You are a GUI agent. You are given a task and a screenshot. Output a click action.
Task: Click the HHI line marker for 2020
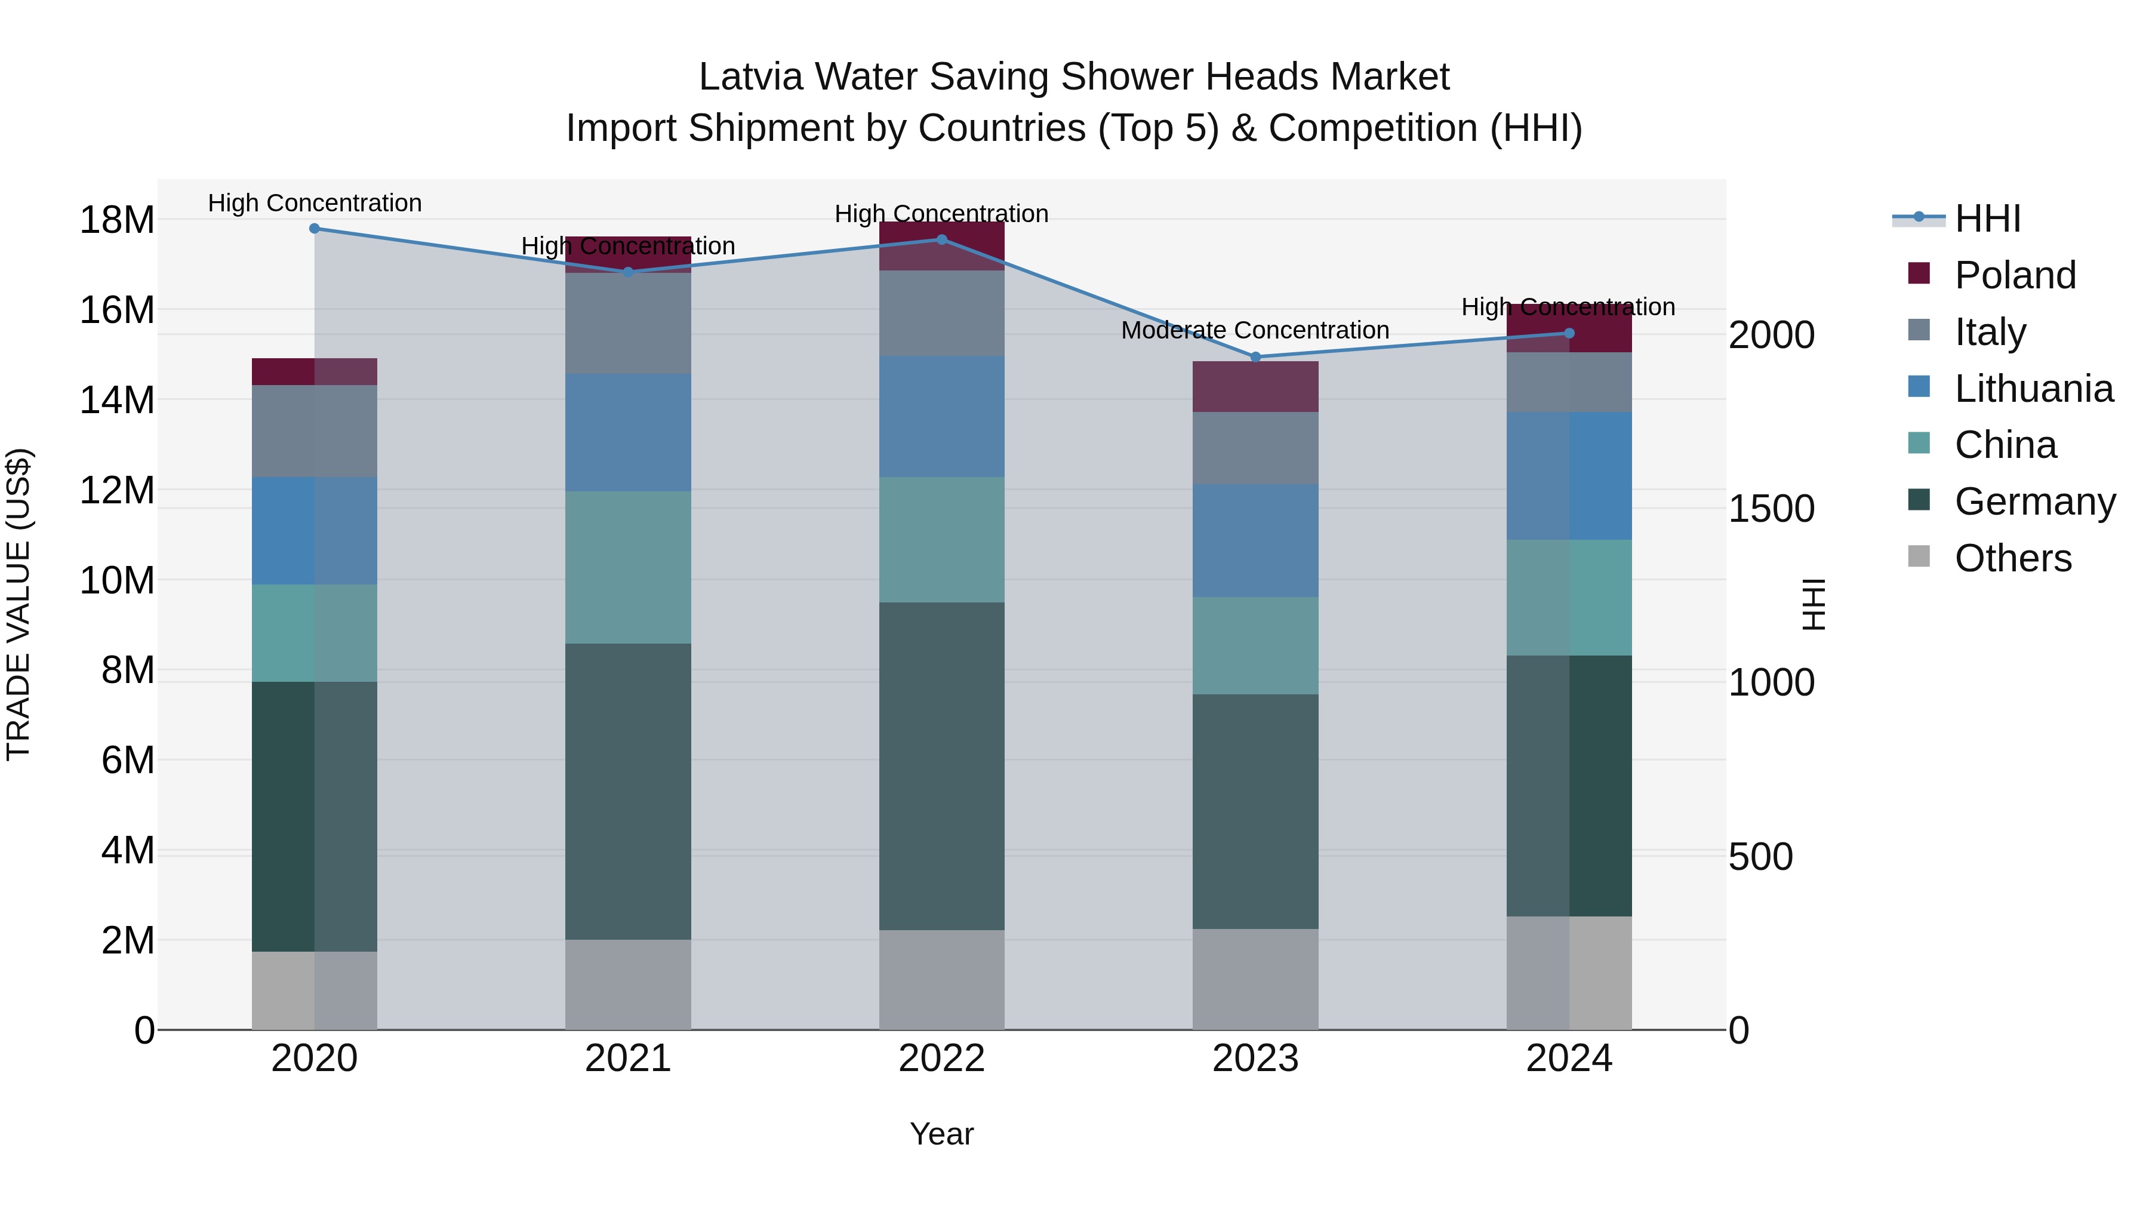pos(315,228)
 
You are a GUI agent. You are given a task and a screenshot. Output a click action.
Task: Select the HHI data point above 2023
pos(1255,356)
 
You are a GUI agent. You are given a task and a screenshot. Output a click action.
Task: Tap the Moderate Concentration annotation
pos(1255,330)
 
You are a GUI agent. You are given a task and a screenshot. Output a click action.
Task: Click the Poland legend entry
pos(2015,275)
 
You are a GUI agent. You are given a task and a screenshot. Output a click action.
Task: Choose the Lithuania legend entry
pos(2033,389)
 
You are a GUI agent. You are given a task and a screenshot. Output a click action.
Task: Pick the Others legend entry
pos(2012,558)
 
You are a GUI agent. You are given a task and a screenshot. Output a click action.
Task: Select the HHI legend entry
pos(1987,219)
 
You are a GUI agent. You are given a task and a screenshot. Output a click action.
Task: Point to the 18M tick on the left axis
pos(117,220)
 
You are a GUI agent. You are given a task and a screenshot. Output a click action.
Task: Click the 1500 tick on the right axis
pos(1771,509)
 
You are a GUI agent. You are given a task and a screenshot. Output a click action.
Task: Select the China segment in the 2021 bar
pos(627,567)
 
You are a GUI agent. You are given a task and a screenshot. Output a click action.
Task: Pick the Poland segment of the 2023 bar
pos(1255,386)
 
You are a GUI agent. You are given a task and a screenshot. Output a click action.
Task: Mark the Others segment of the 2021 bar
pos(627,985)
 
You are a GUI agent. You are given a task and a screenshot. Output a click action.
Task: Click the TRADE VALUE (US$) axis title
pos(19,604)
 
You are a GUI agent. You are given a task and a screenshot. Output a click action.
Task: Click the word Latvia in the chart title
pos(751,77)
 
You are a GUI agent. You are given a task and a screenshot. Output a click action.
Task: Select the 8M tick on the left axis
pos(128,670)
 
